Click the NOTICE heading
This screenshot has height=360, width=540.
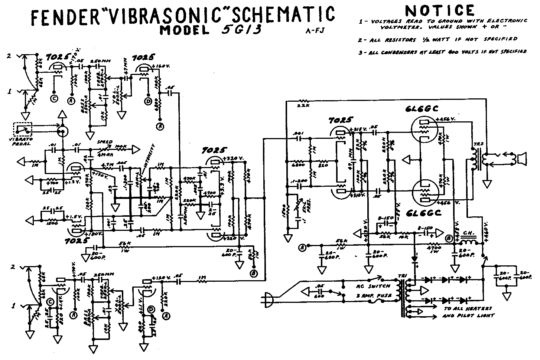coord(440,11)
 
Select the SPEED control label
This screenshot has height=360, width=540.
coord(104,142)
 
